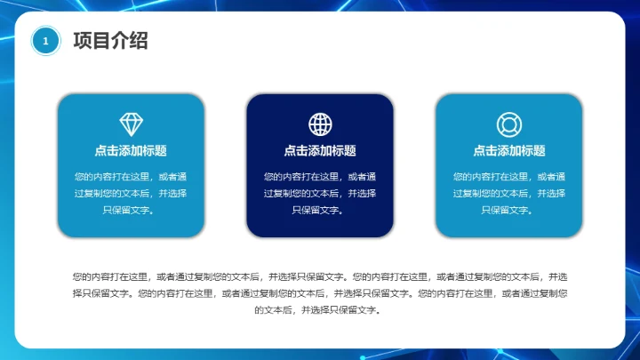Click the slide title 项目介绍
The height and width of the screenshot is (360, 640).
[x=110, y=40]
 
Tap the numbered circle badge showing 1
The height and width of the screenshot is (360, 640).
[x=45, y=41]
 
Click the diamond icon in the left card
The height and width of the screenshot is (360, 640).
[x=131, y=124]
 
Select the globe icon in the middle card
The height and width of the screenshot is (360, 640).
[x=320, y=124]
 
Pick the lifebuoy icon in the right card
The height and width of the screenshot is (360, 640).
[x=508, y=124]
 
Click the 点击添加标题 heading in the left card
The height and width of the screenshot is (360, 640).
[x=131, y=151]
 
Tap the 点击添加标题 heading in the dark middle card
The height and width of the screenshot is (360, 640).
[x=320, y=151]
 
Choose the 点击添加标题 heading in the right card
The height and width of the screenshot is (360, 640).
[x=508, y=151]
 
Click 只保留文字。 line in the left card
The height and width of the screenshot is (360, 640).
[x=131, y=211]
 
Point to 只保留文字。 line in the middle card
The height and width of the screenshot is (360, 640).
[x=320, y=211]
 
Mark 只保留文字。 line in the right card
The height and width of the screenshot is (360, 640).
[x=508, y=211]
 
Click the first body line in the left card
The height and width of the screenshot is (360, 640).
[x=131, y=177]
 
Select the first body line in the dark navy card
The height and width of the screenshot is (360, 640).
[x=320, y=177]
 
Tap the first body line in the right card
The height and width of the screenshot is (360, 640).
[x=508, y=177]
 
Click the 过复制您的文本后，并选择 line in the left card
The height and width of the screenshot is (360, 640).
[x=131, y=194]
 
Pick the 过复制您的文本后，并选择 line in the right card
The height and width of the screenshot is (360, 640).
[x=508, y=194]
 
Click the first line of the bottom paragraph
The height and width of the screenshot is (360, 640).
[x=320, y=276]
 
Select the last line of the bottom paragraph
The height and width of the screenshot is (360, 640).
[x=320, y=310]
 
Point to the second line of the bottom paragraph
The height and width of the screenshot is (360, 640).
[x=320, y=293]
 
